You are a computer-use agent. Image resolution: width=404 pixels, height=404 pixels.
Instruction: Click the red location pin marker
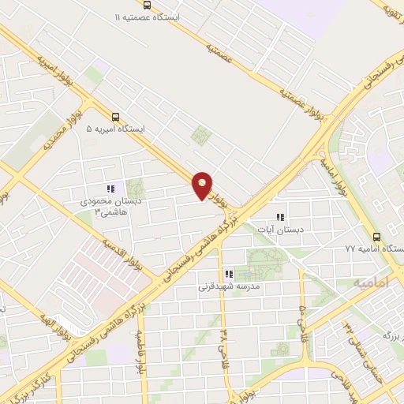203,185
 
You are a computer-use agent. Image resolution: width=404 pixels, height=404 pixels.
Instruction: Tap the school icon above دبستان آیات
279,217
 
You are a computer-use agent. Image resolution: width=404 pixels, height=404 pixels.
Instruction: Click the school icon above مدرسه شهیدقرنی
229,275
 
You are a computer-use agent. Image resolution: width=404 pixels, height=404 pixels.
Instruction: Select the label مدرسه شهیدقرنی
229,288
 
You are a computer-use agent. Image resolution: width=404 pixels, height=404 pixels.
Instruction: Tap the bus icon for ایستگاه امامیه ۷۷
376,236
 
